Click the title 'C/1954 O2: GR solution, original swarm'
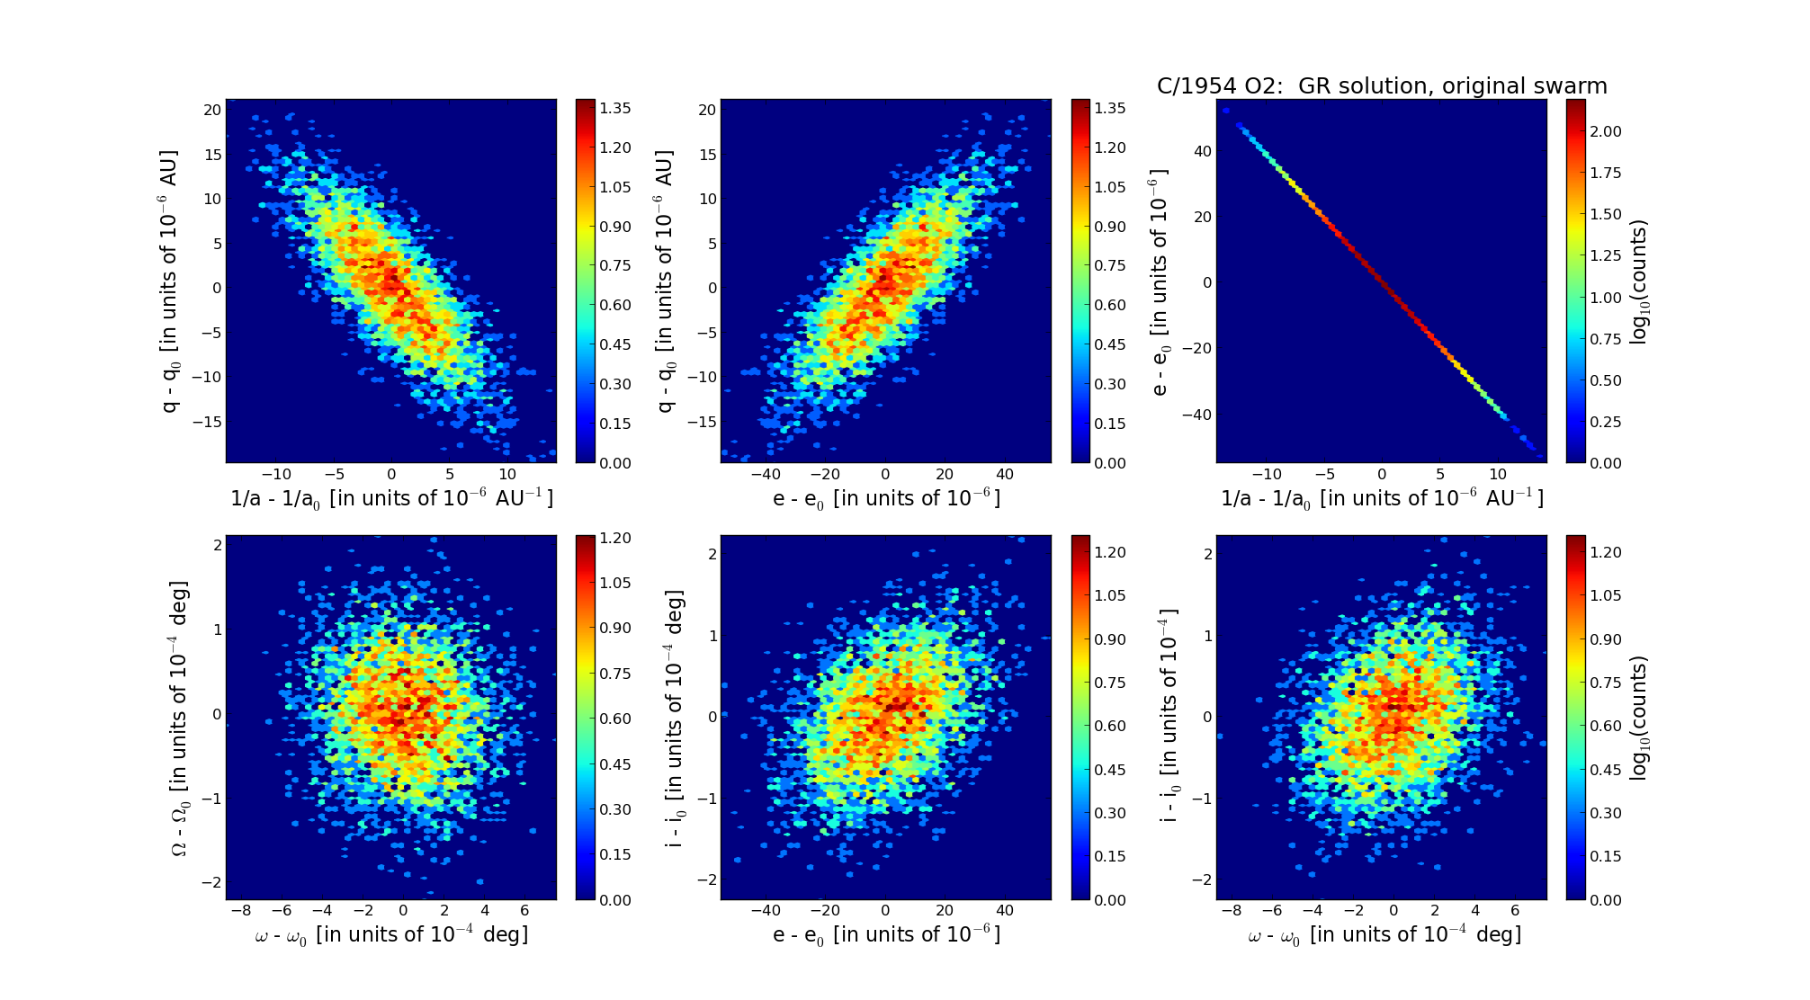pyautogui.click(x=1381, y=86)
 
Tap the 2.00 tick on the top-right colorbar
pyautogui.click(x=1605, y=131)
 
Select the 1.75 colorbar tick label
pyautogui.click(x=1605, y=173)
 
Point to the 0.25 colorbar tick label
pyautogui.click(x=1605, y=422)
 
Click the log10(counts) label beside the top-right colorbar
pyautogui.click(x=1639, y=281)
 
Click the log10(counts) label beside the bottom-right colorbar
pyautogui.click(x=1639, y=718)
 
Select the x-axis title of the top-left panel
pyautogui.click(x=391, y=499)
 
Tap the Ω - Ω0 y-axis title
pyautogui.click(x=180, y=718)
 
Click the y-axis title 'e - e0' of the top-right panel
pyautogui.click(x=1160, y=281)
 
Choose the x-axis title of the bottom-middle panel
pyautogui.click(x=886, y=935)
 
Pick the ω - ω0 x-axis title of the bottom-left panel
pyautogui.click(x=391, y=935)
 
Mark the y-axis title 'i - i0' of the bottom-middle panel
pyautogui.click(x=675, y=718)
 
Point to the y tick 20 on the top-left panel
pyautogui.click(x=212, y=110)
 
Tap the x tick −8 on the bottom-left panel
pyautogui.click(x=241, y=911)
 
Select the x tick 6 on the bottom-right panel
pyautogui.click(x=1515, y=911)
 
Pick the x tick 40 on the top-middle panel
pyautogui.click(x=1005, y=475)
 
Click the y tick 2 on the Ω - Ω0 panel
pyautogui.click(x=217, y=544)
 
